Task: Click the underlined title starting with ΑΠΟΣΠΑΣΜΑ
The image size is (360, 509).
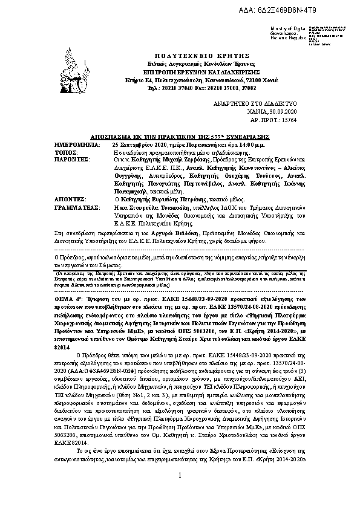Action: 180,137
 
